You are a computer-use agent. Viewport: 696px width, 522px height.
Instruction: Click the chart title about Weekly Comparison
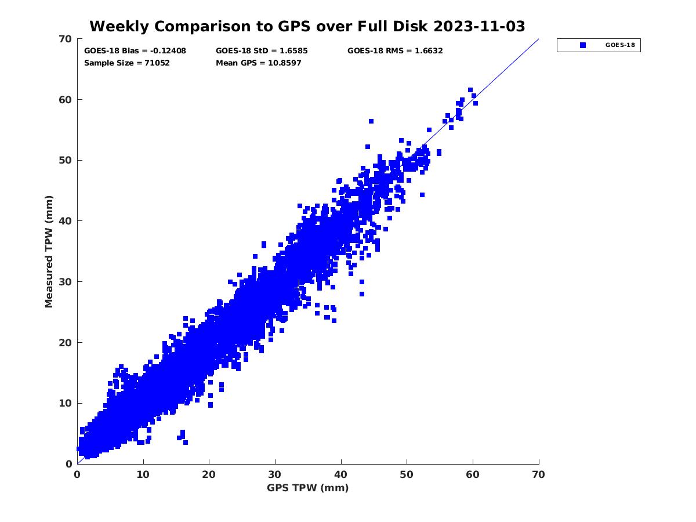tap(307, 26)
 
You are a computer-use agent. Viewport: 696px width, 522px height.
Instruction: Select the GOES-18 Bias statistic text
tap(135, 51)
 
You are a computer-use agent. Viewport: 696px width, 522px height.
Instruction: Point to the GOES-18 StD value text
tap(262, 51)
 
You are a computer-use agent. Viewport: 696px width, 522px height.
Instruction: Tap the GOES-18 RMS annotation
tap(395, 51)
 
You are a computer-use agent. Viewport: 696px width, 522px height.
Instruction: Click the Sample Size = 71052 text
tap(127, 63)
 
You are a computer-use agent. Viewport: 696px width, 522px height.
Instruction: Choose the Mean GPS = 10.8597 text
tap(259, 63)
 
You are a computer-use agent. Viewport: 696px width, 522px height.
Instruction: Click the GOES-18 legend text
tap(619, 45)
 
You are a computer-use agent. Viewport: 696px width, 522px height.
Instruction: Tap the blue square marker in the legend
tap(583, 45)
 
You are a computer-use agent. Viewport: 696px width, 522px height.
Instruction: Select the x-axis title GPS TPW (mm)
tap(308, 488)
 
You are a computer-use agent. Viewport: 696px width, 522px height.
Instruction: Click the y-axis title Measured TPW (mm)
tap(49, 251)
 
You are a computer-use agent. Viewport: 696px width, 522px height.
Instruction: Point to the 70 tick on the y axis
tap(65, 39)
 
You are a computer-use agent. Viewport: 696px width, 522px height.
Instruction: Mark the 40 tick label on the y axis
tap(65, 221)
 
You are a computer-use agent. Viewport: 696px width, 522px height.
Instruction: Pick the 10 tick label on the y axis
tap(65, 403)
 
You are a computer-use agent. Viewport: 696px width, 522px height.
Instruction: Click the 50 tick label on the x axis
tap(407, 474)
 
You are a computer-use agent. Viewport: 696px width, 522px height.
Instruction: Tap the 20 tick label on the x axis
tap(209, 474)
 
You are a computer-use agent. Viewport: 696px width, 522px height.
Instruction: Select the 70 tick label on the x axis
tap(539, 474)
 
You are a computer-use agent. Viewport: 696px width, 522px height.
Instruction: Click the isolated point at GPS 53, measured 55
tap(429, 130)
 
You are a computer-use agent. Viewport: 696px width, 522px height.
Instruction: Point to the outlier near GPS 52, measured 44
tap(422, 195)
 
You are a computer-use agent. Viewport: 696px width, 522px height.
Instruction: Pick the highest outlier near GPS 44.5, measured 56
tap(371, 121)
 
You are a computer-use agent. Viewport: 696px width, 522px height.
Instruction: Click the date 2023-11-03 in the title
tap(480, 26)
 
